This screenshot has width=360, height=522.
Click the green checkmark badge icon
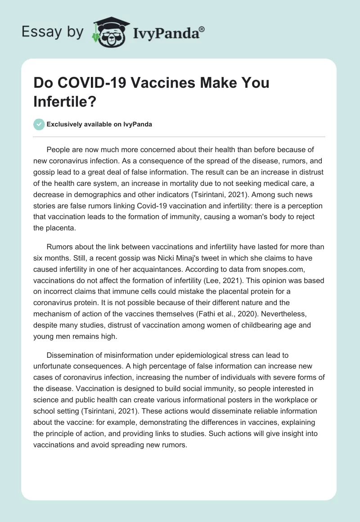click(x=39, y=124)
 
